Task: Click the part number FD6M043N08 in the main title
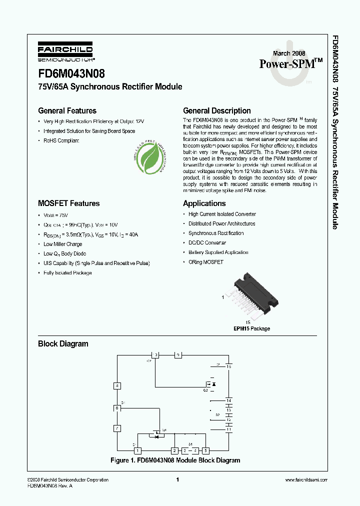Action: [71, 73]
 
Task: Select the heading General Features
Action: [67, 111]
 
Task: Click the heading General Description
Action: [216, 111]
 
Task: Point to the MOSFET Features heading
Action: [68, 203]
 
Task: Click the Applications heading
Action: [204, 203]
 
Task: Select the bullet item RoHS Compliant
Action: [61, 140]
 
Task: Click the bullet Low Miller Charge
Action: [62, 244]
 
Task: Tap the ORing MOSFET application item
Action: [205, 262]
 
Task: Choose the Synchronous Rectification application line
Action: [216, 233]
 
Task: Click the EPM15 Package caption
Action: [251, 328]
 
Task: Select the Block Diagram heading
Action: [63, 344]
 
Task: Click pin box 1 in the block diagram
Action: [138, 450]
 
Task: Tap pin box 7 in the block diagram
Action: [117, 428]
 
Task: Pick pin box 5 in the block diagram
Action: [205, 450]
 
